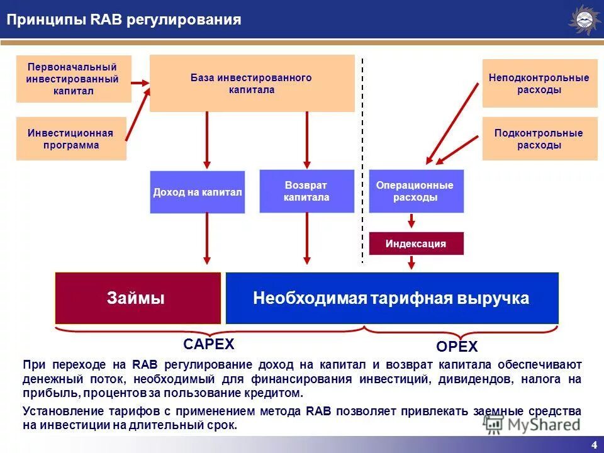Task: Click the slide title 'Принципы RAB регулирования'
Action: [x=124, y=20]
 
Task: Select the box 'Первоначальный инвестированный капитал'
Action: [x=73, y=79]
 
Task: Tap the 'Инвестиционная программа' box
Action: [x=71, y=139]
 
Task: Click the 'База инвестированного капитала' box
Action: [x=252, y=84]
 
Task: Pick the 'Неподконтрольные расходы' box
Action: [x=539, y=84]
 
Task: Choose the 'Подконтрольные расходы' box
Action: [x=539, y=139]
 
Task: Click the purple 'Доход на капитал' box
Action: [x=198, y=192]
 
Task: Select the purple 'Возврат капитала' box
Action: [x=306, y=191]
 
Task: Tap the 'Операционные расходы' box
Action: [x=415, y=191]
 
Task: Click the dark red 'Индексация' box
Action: [x=415, y=243]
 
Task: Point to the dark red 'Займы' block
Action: [x=138, y=298]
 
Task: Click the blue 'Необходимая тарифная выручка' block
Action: [x=391, y=298]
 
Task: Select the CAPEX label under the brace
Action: [x=208, y=344]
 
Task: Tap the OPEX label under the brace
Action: [x=457, y=347]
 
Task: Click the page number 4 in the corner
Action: [x=593, y=445]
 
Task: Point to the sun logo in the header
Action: [x=584, y=20]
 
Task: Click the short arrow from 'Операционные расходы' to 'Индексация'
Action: [x=411, y=221]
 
